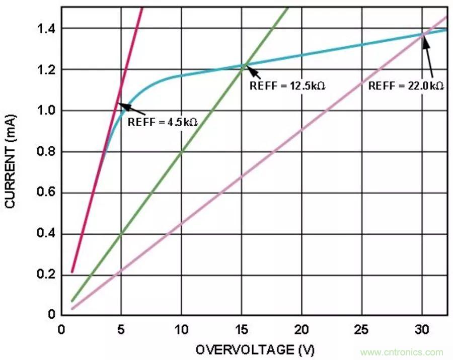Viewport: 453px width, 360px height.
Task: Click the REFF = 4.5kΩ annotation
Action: pyautogui.click(x=166, y=122)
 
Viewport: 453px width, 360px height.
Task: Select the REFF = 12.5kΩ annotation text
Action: pyautogui.click(x=287, y=86)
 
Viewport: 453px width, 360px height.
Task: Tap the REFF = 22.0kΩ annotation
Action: pyautogui.click(x=406, y=86)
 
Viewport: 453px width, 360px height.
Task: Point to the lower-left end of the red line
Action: pyautogui.click(x=72, y=272)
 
